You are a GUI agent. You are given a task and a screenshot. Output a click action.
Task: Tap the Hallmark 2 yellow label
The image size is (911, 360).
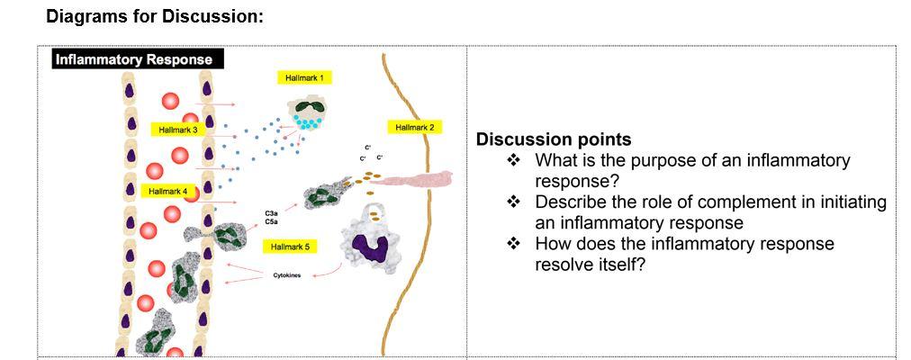coord(414,128)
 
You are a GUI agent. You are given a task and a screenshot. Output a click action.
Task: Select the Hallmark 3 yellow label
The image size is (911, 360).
coord(177,130)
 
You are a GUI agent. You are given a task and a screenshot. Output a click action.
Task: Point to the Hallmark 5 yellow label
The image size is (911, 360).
coord(289,247)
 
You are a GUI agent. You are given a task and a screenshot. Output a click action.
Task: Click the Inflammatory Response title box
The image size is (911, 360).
coord(134,60)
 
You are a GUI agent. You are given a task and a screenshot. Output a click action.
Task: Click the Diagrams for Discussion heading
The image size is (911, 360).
coord(154,16)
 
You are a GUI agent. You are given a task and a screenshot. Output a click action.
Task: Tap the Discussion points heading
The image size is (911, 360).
coord(553,139)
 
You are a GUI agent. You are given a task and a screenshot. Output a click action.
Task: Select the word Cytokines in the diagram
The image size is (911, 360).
coord(288,276)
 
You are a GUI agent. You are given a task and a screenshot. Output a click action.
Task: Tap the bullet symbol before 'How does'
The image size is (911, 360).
coord(514,244)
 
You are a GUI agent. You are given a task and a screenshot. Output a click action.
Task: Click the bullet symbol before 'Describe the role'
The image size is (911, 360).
coord(514,202)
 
